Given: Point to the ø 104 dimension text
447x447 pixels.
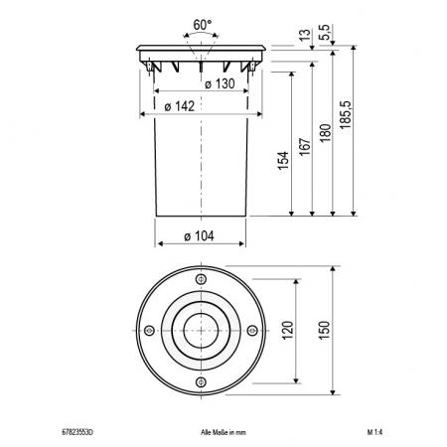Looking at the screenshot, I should (x=201, y=235).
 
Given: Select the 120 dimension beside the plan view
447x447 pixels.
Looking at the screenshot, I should (x=288, y=330).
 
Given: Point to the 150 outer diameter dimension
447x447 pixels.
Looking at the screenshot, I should (x=326, y=330).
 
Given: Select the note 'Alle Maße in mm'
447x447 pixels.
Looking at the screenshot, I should (x=216, y=434).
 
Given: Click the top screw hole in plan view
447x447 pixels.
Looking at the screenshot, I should (x=202, y=278).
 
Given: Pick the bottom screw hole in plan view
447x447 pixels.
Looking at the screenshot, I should (x=202, y=382).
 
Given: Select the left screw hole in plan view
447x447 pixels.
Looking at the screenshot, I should (x=149, y=330).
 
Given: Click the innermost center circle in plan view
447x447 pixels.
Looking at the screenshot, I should (x=202, y=330).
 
